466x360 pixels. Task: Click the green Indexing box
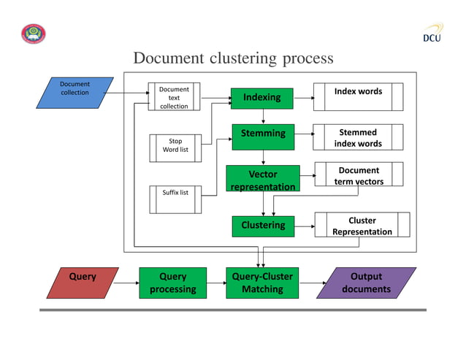(x=261, y=99)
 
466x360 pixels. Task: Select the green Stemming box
(x=263, y=134)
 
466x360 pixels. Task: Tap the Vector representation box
(x=262, y=180)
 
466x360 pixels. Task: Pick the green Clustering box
(x=263, y=226)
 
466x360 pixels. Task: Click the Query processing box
(x=172, y=283)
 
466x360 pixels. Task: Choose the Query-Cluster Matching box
(x=262, y=283)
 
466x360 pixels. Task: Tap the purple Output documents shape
(x=370, y=283)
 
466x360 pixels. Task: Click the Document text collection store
(x=174, y=98)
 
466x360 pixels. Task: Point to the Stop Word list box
(x=175, y=145)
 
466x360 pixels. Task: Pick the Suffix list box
(x=175, y=193)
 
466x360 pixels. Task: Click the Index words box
(x=358, y=96)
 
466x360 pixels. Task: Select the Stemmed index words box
(x=358, y=137)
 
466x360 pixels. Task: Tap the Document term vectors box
(x=359, y=175)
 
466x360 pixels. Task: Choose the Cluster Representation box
(x=362, y=226)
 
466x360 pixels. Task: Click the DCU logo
(x=432, y=34)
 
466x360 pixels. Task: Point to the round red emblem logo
(x=33, y=34)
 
